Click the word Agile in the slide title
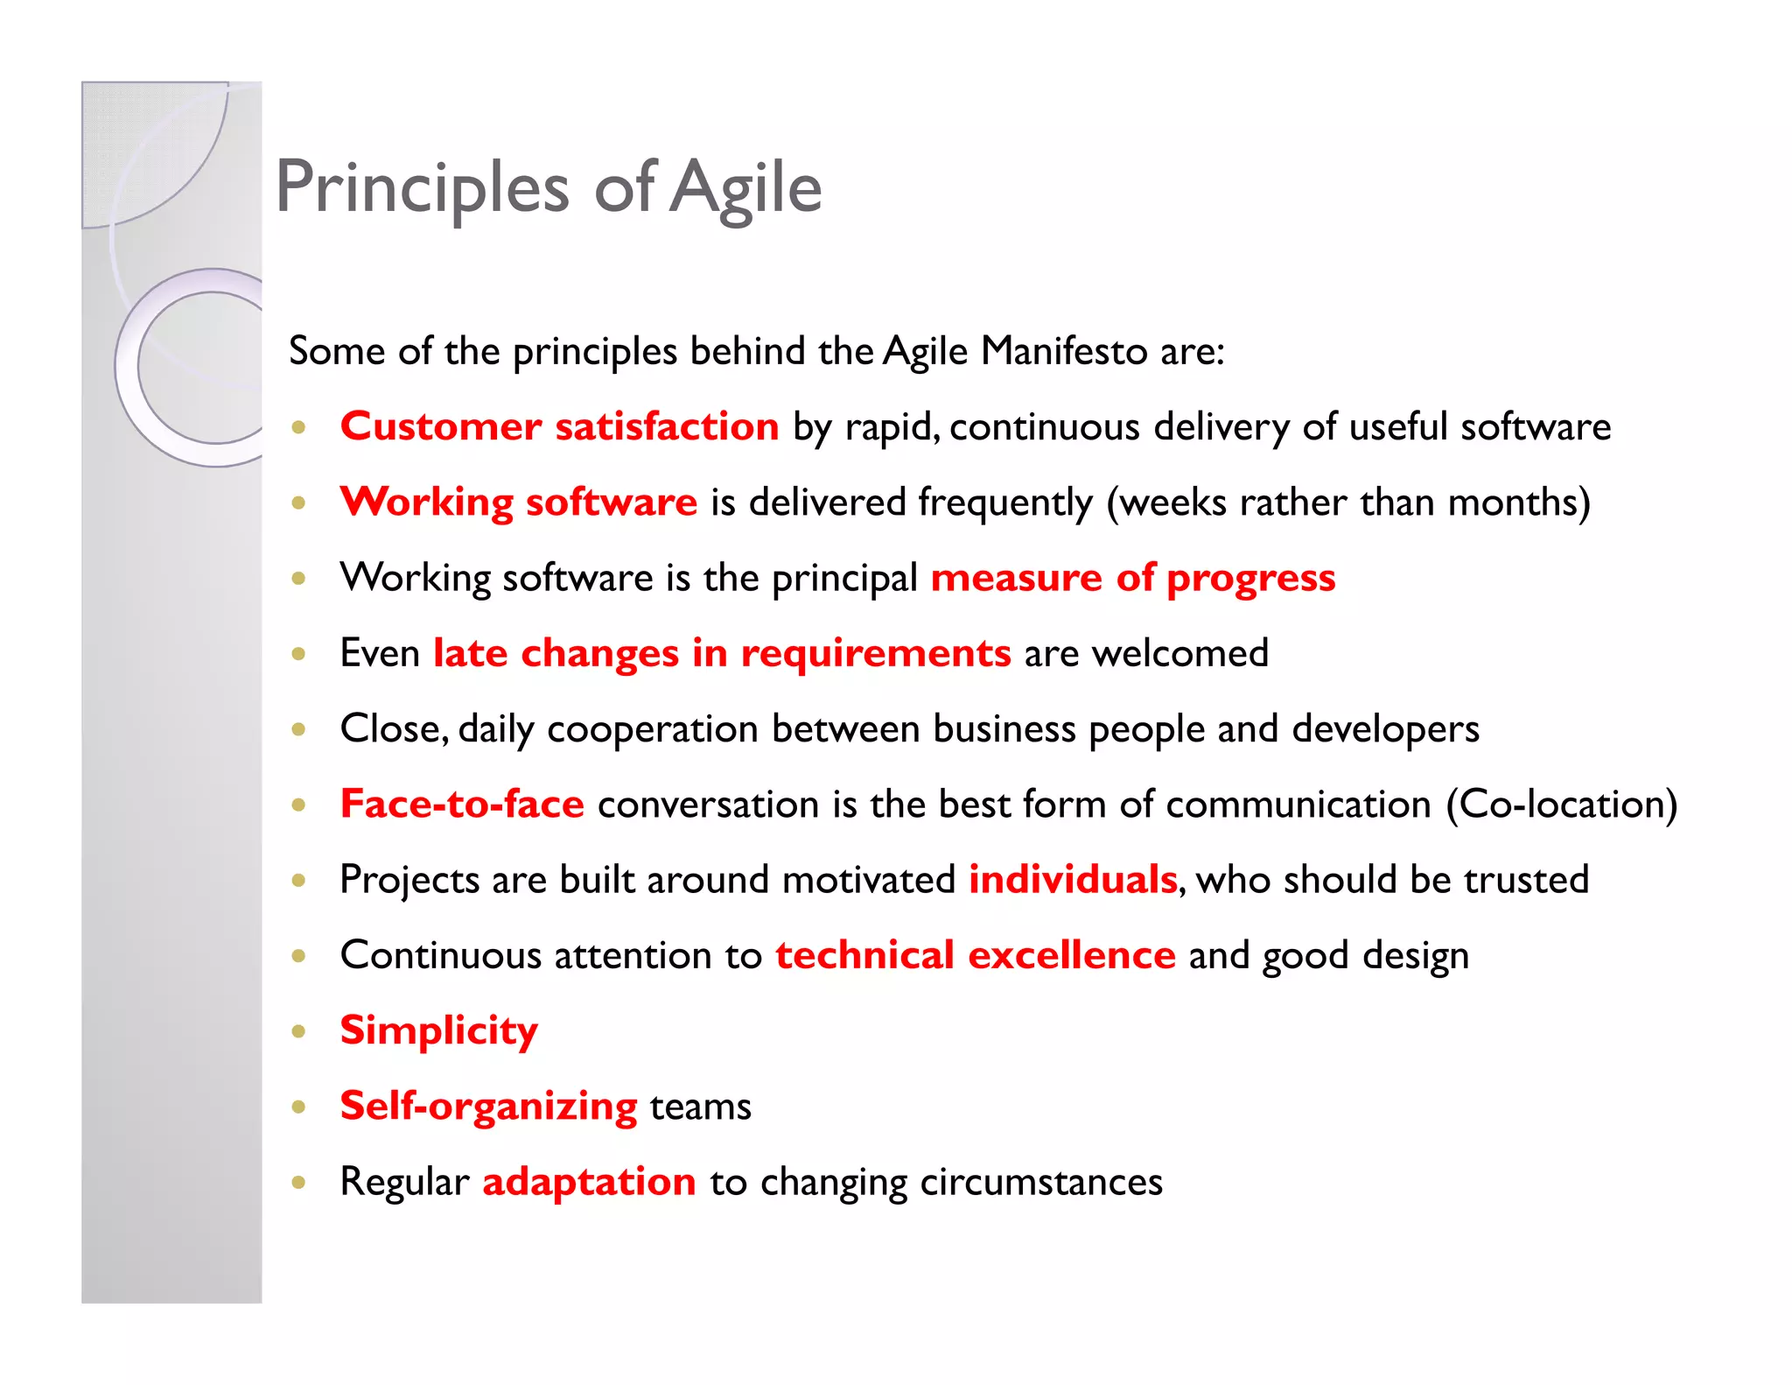click(x=746, y=187)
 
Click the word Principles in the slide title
click(x=423, y=187)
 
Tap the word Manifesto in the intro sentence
click(x=1063, y=351)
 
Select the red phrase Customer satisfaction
click(x=559, y=426)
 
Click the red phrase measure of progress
click(x=1132, y=578)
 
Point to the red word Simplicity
click(x=438, y=1030)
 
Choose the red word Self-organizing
click(x=488, y=1107)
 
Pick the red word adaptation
click(x=589, y=1182)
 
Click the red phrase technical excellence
click(x=975, y=955)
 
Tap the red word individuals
click(x=1073, y=880)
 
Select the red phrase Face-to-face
click(x=462, y=805)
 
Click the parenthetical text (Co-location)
click(x=1561, y=805)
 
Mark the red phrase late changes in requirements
click(x=722, y=654)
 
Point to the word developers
click(x=1385, y=729)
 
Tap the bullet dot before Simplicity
click(x=299, y=1031)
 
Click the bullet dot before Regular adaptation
click(x=299, y=1183)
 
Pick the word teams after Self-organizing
click(x=700, y=1107)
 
